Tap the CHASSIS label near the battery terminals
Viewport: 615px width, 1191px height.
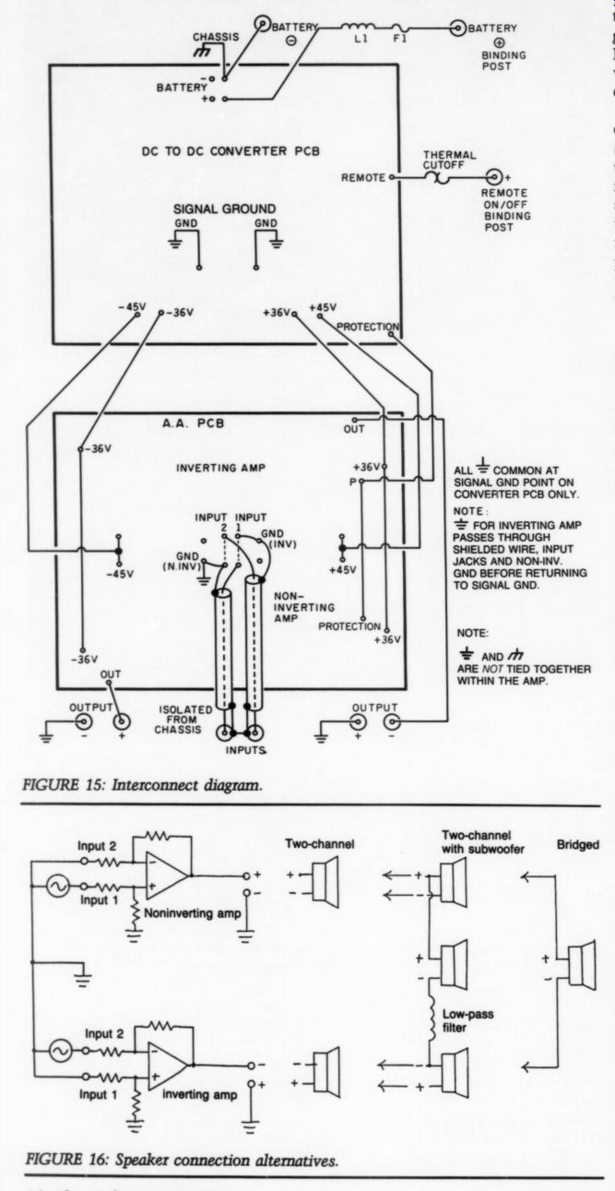(214, 39)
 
